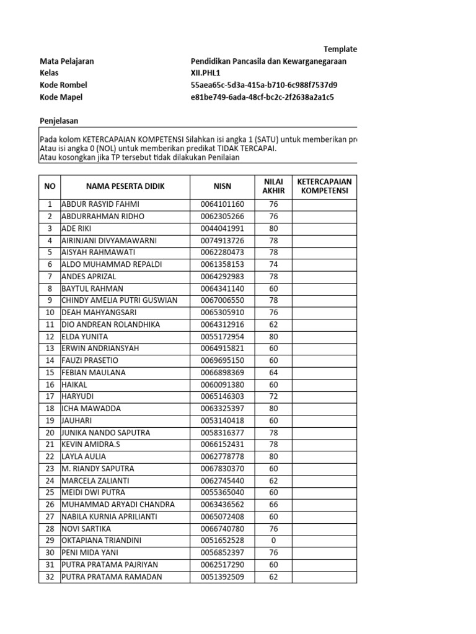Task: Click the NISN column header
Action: tap(222, 186)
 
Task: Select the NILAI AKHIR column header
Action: tap(273, 186)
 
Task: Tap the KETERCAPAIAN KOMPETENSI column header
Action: tap(324, 186)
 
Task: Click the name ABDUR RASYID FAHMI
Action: tap(100, 204)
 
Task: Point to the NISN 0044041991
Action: tap(222, 228)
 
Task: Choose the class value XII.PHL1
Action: tap(206, 73)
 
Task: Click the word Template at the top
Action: tap(340, 49)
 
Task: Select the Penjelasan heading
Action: tap(59, 121)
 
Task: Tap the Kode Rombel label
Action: tap(63, 85)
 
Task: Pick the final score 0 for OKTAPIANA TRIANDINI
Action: tap(273, 541)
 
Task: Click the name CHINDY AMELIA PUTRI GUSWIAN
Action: tap(119, 300)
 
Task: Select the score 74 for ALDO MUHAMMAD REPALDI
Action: tap(273, 264)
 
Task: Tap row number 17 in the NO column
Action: tap(50, 396)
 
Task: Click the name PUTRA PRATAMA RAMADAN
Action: tap(112, 577)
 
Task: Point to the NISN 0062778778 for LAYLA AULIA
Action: tap(222, 456)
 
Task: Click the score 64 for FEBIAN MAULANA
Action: tap(273, 373)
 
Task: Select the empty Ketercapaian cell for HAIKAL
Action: tap(324, 384)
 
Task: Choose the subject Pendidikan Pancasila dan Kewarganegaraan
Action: tap(268, 61)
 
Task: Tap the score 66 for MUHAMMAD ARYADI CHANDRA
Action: tap(273, 505)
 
